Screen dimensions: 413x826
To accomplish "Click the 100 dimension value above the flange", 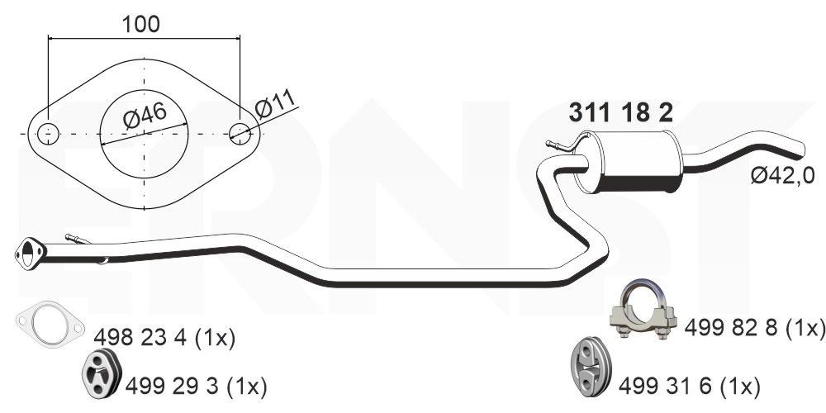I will click(142, 24).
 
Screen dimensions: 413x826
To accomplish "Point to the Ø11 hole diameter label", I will click(275, 107).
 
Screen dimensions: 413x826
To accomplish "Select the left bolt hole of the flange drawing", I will click(48, 132).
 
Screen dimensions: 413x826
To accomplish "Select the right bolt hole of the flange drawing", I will click(240, 132).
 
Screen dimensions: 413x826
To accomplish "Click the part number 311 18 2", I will click(619, 113).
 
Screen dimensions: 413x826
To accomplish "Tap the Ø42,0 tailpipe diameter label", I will click(782, 174).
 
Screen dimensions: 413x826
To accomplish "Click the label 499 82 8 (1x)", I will click(755, 328).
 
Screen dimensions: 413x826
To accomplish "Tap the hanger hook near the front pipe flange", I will click(78, 240).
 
